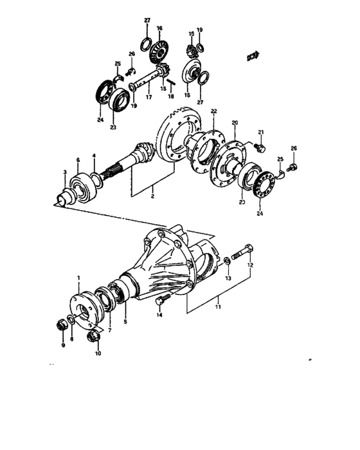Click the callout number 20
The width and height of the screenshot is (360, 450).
point(235,123)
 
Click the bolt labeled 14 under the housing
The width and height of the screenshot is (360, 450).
point(161,300)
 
